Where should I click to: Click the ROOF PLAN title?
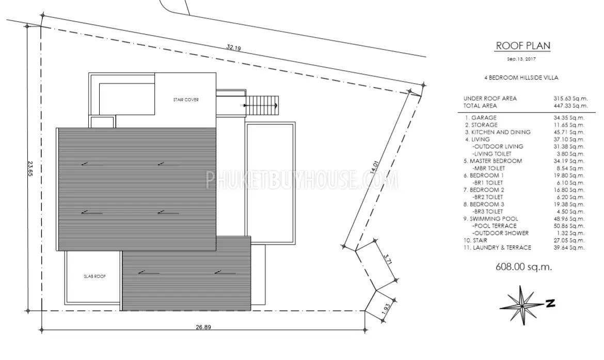[x=523, y=45]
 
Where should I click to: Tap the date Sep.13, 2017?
[x=521, y=59]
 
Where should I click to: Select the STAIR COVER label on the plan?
[x=186, y=100]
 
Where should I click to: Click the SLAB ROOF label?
[x=95, y=276]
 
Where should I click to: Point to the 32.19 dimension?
[x=234, y=48]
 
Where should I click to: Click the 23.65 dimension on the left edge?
[x=30, y=168]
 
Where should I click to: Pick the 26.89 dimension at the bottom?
[x=203, y=327]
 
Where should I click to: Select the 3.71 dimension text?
[x=388, y=259]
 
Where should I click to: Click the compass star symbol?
[x=522, y=305]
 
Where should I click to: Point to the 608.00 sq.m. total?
[x=524, y=267]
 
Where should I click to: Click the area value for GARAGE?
[x=569, y=118]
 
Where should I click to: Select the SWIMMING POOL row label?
[x=491, y=218]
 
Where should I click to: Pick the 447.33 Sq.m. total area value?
[x=571, y=105]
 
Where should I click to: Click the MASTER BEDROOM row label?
[x=492, y=161]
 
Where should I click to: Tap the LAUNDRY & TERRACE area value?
[x=569, y=247]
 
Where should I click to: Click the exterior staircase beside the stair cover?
[x=262, y=105]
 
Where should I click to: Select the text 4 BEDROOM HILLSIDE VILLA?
[x=521, y=77]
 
